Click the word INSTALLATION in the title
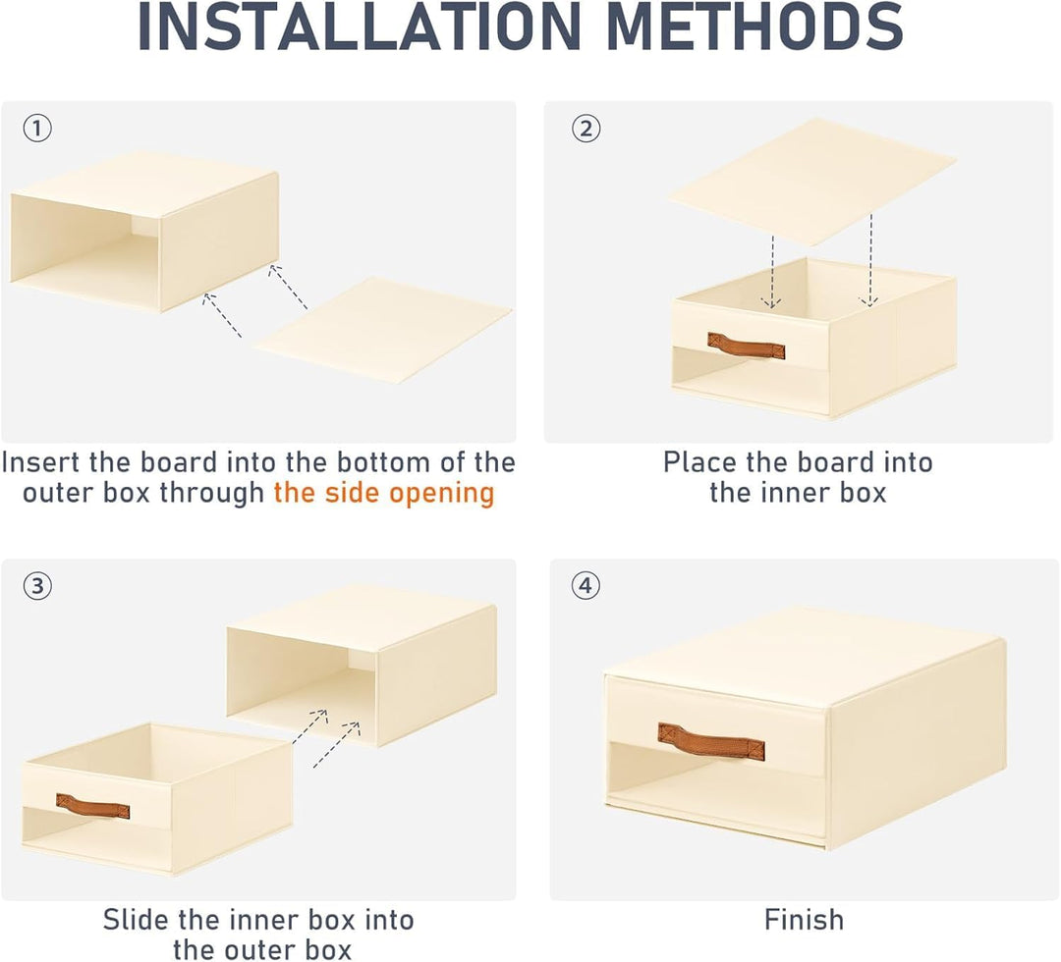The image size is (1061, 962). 360,27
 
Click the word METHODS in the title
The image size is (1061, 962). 755,27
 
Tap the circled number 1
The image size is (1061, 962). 37,128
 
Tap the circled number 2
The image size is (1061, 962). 586,128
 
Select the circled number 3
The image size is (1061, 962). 37,585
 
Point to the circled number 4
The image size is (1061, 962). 586,585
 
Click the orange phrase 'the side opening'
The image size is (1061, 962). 384,493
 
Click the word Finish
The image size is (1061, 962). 804,920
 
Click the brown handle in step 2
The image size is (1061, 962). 747,346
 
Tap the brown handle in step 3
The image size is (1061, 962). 92,806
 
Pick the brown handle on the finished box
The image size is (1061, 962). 711,741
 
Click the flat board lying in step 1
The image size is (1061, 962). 383,329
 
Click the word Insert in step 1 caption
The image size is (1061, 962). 41,462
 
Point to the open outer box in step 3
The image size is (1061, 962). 362,666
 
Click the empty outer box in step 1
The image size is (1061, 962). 144,232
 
